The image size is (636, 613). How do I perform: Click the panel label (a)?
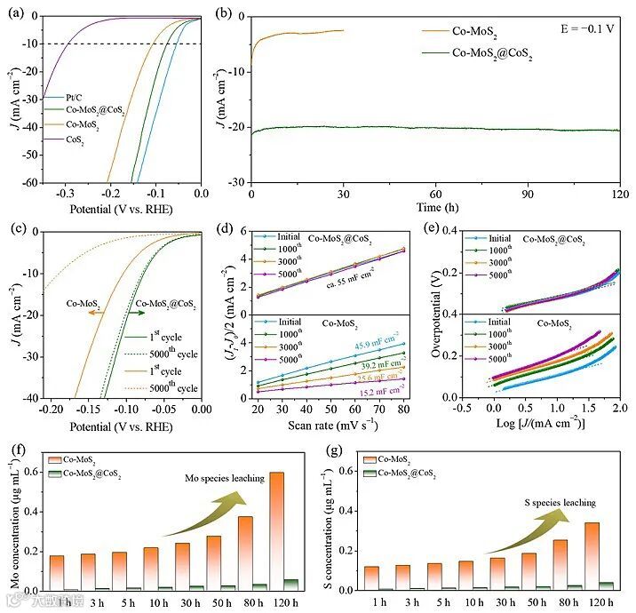pos(15,12)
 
